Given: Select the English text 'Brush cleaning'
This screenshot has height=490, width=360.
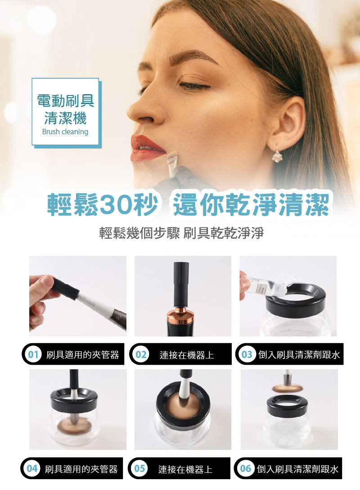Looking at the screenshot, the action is click(65, 132).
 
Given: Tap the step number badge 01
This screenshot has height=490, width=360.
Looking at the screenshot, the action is click(33, 354).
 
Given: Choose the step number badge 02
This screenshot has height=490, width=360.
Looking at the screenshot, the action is click(140, 354).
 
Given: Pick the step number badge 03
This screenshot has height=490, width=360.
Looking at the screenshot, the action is click(247, 354).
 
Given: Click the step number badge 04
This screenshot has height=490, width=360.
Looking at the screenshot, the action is click(32, 468).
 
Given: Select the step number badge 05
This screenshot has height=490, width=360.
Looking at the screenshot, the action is click(139, 468).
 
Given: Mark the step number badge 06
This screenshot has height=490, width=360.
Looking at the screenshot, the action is click(245, 468).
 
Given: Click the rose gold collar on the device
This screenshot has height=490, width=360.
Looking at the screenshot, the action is click(180, 316).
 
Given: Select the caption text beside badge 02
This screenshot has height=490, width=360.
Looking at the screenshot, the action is click(187, 355).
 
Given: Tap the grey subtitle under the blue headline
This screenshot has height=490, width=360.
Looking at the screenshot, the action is click(181, 233).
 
